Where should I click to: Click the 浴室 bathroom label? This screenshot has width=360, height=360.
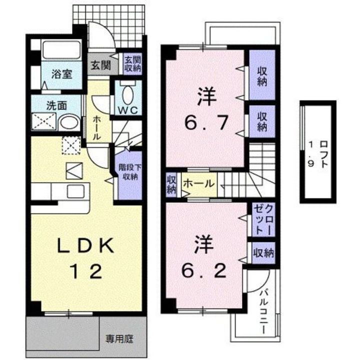(x=63, y=74)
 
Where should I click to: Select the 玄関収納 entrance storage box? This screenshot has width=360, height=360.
(x=132, y=64)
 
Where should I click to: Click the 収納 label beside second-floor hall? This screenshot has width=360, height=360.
(x=171, y=183)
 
